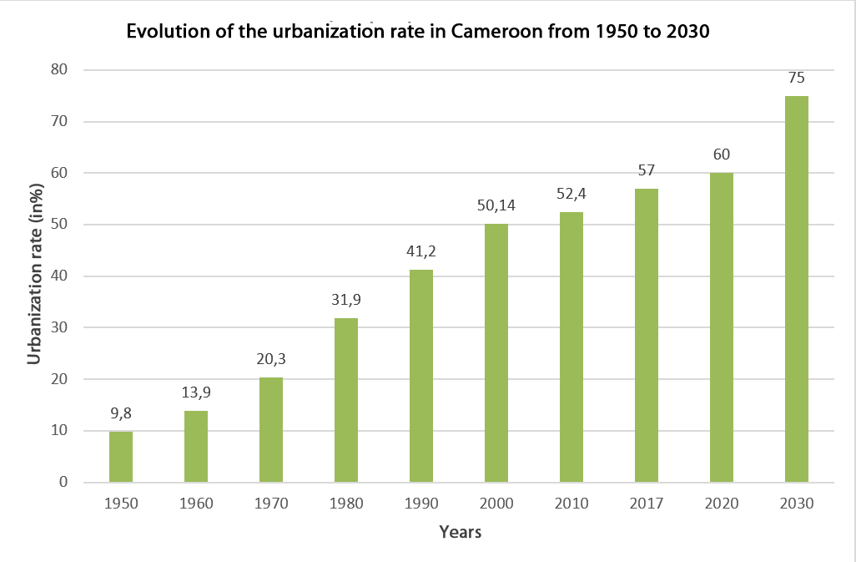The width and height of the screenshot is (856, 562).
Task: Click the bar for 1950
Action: (121, 457)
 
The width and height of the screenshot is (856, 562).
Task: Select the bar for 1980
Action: (346, 400)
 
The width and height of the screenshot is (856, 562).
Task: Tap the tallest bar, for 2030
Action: (797, 289)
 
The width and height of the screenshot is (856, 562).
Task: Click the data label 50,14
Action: (496, 206)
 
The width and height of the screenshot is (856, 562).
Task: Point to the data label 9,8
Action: (121, 414)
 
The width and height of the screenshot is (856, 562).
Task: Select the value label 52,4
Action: (572, 195)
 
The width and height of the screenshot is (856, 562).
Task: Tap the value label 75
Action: (797, 78)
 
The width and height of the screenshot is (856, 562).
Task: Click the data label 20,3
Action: (271, 360)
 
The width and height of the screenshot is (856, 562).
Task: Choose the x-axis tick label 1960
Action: (196, 504)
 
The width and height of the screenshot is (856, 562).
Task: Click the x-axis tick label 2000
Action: (496, 504)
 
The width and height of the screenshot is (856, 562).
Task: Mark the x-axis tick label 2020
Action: (722, 504)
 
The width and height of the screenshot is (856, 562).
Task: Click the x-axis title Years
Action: (460, 532)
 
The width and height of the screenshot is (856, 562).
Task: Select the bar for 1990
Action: (421, 376)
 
